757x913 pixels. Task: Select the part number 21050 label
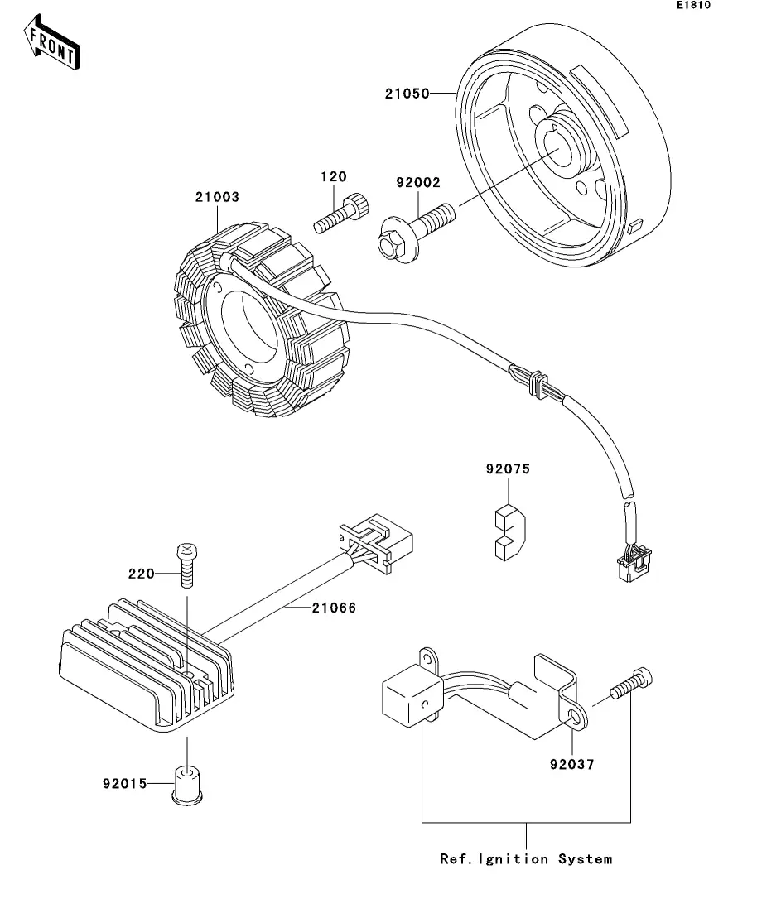click(407, 94)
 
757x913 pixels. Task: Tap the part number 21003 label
click(217, 198)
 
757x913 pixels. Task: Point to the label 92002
click(418, 183)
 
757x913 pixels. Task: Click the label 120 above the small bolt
click(334, 177)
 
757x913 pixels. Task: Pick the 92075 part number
click(508, 469)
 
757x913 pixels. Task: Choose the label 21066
click(334, 608)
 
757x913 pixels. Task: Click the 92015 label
click(125, 781)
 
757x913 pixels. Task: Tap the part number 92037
click(571, 764)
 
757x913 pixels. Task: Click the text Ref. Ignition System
click(526, 859)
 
